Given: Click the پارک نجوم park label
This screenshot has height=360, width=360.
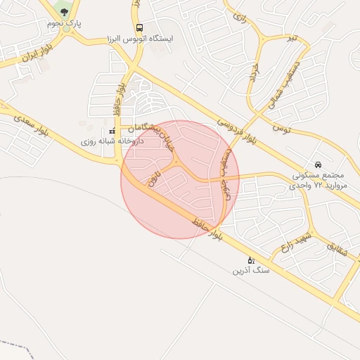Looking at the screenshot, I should pos(65,24).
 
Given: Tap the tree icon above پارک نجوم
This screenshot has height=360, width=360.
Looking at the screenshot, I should pos(65,12).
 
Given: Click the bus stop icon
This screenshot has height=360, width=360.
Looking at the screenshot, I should pos(139,28).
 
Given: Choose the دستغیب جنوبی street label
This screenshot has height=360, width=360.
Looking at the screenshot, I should pos(225,176).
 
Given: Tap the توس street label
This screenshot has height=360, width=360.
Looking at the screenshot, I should pos(281,128).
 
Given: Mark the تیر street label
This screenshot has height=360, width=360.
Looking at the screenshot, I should pos(286,37).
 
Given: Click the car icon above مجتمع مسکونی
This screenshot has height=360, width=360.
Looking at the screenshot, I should pos(319,164).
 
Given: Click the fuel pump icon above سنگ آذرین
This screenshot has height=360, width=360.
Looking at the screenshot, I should pos(251,260).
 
